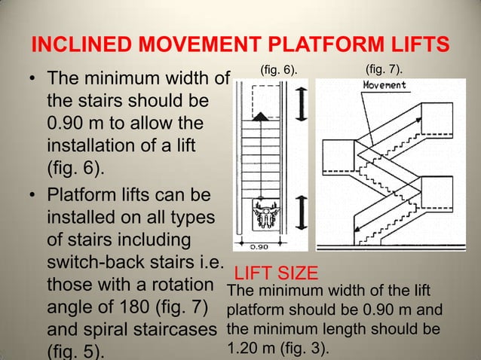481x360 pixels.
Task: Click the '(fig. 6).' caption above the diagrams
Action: [278, 70]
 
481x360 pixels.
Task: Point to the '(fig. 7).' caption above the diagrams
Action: [384, 70]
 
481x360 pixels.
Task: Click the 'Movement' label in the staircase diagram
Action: [384, 85]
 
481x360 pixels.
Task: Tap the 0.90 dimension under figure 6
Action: [260, 246]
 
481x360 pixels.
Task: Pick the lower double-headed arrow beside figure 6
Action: [301, 212]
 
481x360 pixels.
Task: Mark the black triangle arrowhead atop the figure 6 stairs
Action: [260, 116]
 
